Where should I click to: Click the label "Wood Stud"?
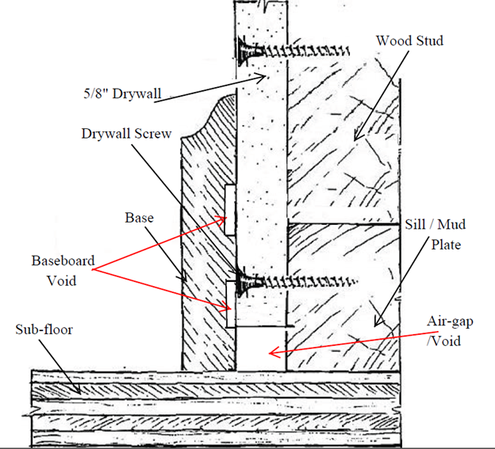pyautogui.click(x=409, y=40)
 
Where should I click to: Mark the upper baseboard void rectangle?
pyautogui.click(x=229, y=210)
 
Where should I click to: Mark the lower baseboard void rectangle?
pyautogui.click(x=229, y=305)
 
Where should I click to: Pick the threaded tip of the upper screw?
pyautogui.click(x=347, y=52)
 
